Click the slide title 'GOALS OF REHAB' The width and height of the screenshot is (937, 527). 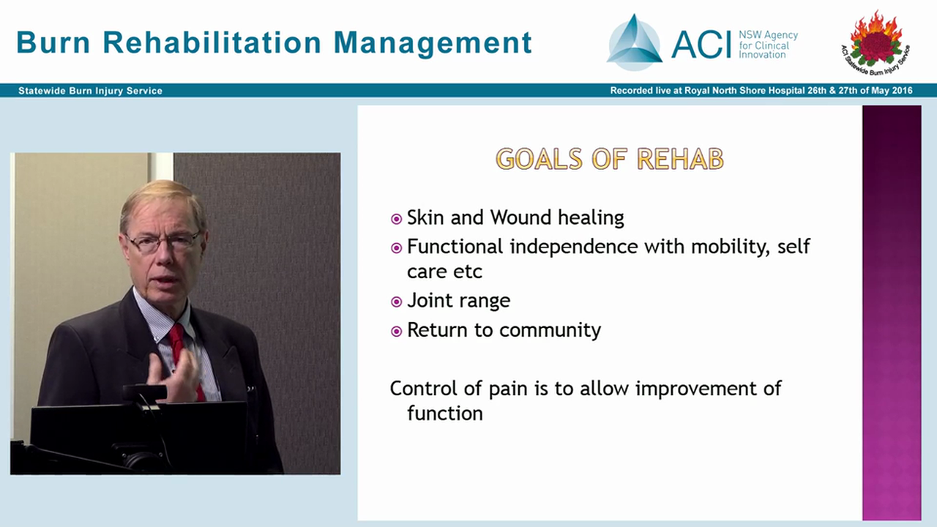(x=609, y=159)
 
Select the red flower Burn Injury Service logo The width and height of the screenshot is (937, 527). (x=876, y=40)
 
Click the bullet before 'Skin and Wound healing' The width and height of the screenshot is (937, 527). (x=396, y=219)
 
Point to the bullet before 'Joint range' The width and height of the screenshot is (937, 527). (x=396, y=302)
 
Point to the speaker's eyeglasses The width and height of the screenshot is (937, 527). (x=163, y=242)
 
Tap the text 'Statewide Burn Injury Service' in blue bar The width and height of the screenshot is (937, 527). (x=90, y=91)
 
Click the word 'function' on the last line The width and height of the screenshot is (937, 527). (x=444, y=414)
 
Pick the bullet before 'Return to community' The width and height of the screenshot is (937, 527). (x=396, y=332)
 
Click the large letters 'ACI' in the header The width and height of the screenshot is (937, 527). (x=701, y=44)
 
